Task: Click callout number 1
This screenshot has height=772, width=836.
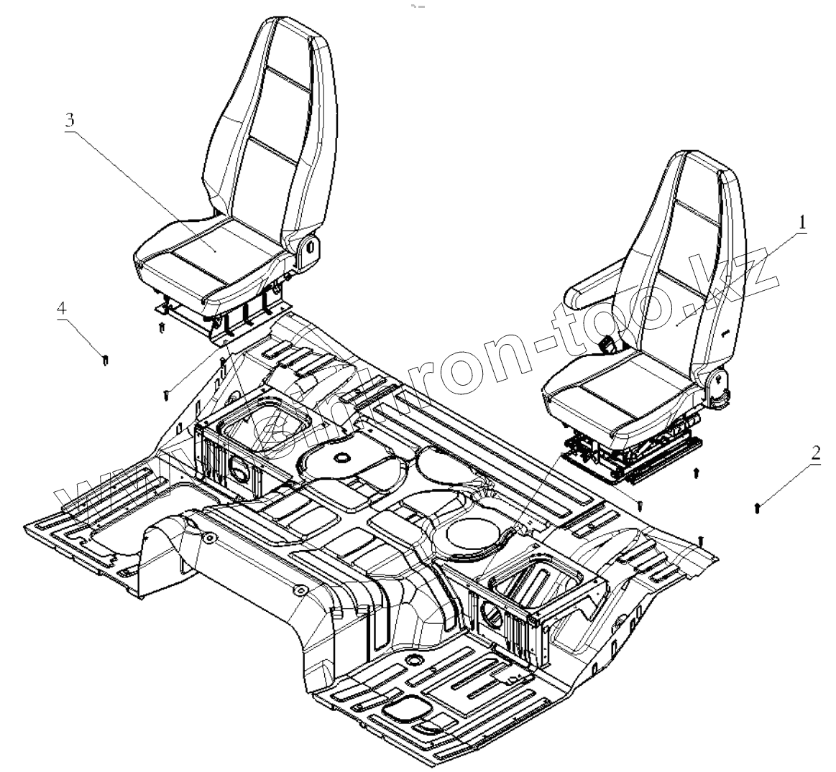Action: (x=801, y=223)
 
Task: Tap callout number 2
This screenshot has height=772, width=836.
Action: (x=815, y=453)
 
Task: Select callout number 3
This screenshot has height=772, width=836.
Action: (x=70, y=120)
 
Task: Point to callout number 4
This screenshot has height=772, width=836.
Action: (x=62, y=308)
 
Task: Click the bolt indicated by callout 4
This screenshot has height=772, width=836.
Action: (x=106, y=359)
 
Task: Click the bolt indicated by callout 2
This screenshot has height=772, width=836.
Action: (x=758, y=508)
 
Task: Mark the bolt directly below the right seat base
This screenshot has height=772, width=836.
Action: (x=696, y=473)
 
